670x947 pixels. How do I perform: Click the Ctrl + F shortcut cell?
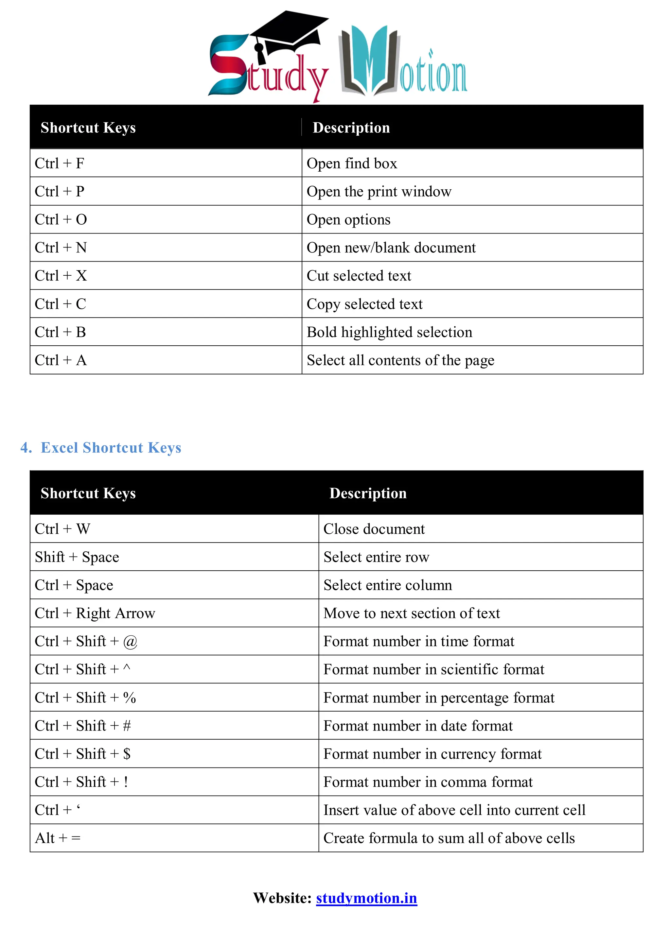pyautogui.click(x=60, y=163)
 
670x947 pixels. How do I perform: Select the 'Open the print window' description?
pyautogui.click(x=379, y=191)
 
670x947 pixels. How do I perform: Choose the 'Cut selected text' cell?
pyautogui.click(x=359, y=276)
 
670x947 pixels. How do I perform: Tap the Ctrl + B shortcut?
pyautogui.click(x=60, y=332)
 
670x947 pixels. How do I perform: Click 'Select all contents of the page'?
pyautogui.click(x=400, y=360)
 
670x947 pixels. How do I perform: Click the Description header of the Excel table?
pyautogui.click(x=368, y=493)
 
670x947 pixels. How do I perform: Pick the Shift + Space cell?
pyautogui.click(x=77, y=557)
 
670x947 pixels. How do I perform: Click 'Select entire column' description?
pyautogui.click(x=387, y=585)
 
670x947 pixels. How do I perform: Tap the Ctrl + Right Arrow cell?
pyautogui.click(x=95, y=613)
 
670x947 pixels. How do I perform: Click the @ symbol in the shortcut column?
pyautogui.click(x=130, y=642)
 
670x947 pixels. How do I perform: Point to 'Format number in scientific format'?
pyautogui.click(x=433, y=669)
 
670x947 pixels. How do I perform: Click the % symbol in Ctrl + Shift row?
pyautogui.click(x=130, y=698)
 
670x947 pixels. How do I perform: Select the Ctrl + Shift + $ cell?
pyautogui.click(x=82, y=754)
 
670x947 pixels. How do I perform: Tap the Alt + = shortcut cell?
pyautogui.click(x=58, y=838)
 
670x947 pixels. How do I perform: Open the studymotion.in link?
pyautogui.click(x=366, y=898)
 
